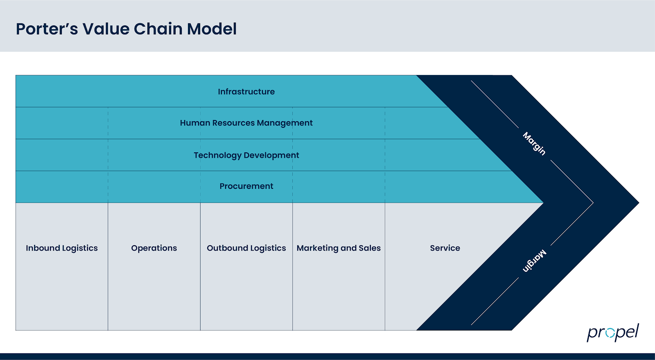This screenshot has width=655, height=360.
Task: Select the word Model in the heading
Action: [212, 29]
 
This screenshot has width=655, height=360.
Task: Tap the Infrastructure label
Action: [246, 92]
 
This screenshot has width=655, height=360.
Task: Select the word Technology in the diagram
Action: [217, 155]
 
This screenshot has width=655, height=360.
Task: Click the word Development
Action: [271, 155]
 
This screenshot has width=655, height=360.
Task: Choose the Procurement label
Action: [246, 186]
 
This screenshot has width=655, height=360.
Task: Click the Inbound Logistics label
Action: [62, 248]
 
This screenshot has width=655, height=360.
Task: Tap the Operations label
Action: [154, 248]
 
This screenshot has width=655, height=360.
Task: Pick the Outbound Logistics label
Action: [246, 248]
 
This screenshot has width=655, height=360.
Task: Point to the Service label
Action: [445, 248]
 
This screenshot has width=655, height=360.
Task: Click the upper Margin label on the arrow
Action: [534, 144]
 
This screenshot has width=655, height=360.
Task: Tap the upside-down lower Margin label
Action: [534, 260]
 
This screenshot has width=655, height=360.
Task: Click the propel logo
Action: [612, 333]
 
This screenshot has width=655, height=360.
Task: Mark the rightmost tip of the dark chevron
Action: [638, 203]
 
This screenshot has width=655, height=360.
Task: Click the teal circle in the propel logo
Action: [610, 333]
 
